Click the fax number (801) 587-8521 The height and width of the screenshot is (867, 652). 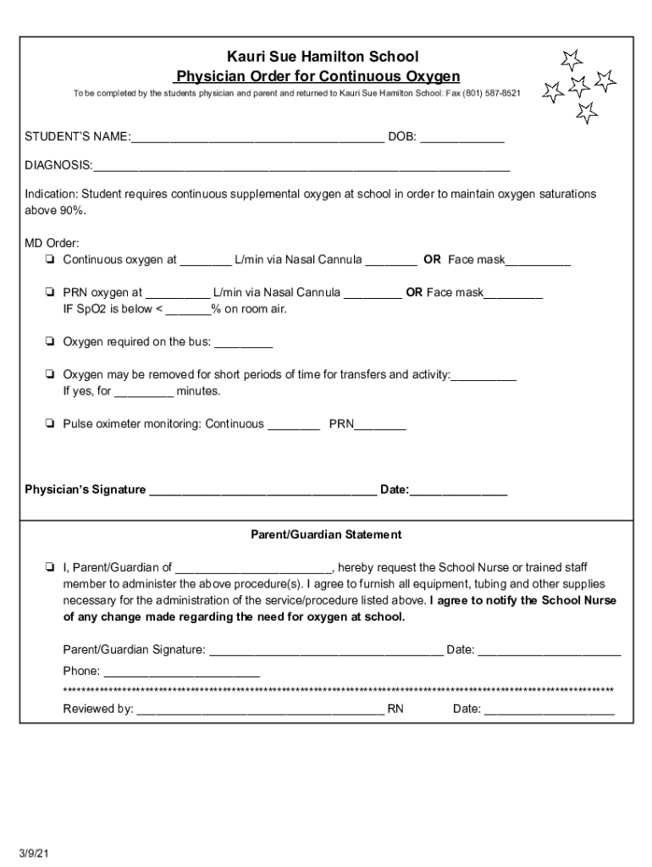(x=491, y=92)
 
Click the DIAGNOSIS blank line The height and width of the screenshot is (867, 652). (x=301, y=166)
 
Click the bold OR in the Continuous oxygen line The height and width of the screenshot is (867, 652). (x=432, y=260)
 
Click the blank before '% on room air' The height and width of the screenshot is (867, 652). (x=188, y=310)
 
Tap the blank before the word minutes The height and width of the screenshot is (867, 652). (x=144, y=392)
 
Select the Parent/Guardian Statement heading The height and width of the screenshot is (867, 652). (x=326, y=535)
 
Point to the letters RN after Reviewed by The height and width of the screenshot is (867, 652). (x=395, y=710)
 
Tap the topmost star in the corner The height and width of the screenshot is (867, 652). (x=572, y=59)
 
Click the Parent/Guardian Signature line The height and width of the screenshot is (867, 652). (x=325, y=651)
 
